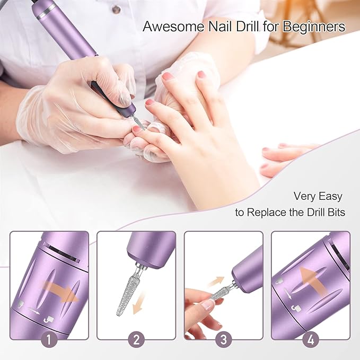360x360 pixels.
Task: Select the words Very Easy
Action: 318,196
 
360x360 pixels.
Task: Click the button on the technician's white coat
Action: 115,11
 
